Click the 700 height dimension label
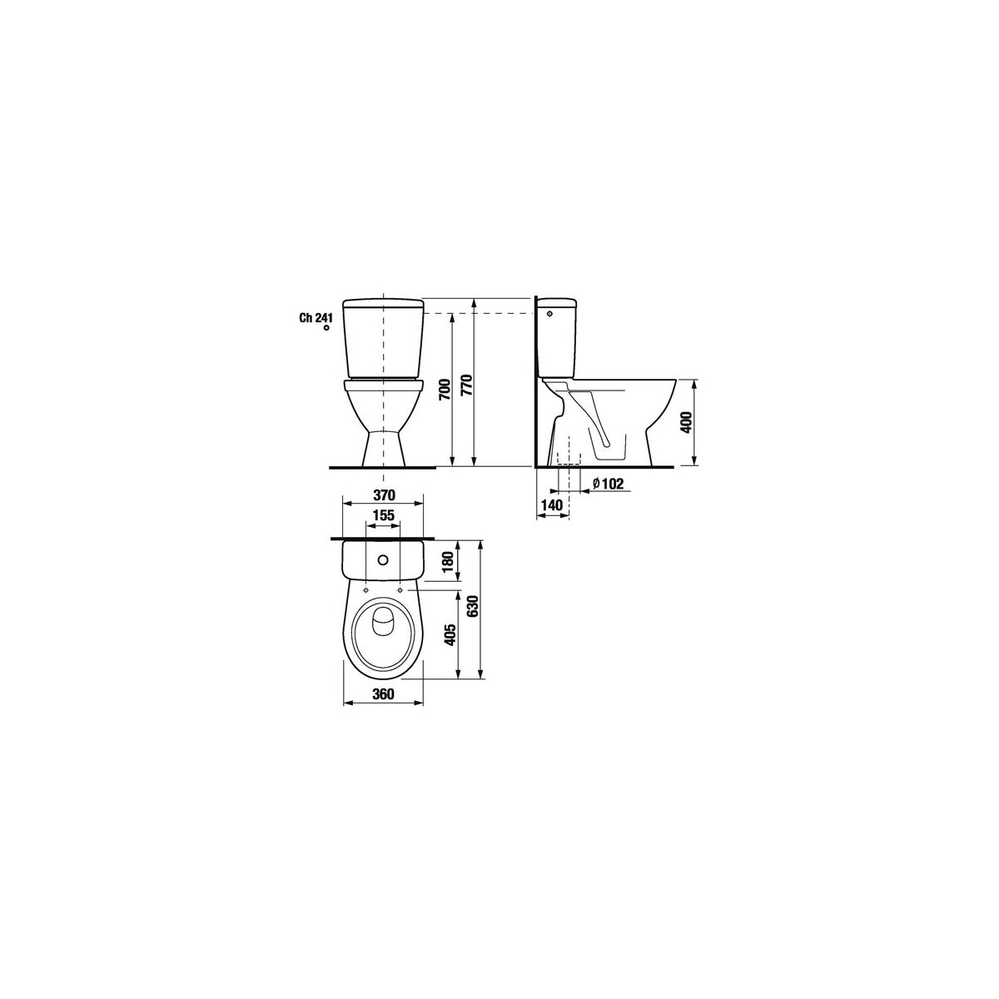click(445, 389)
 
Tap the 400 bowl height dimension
click(686, 424)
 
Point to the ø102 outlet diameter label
click(608, 483)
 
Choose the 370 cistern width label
click(384, 495)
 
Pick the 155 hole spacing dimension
click(384, 515)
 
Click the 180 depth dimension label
click(449, 562)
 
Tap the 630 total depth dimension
click(471, 605)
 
